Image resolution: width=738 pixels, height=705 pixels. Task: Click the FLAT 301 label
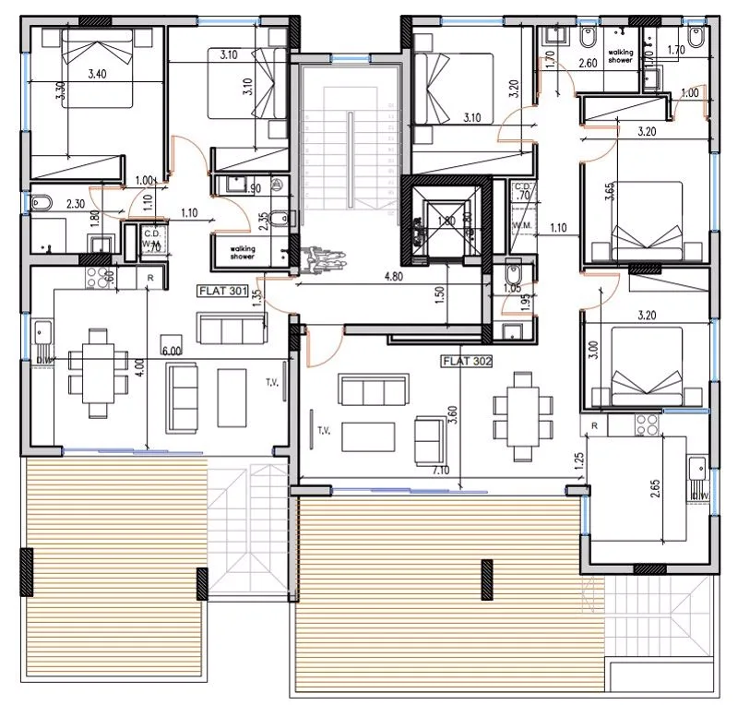coord(221,290)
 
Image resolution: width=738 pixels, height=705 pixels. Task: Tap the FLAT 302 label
coord(468,361)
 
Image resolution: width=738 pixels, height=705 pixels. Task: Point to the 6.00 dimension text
coord(173,351)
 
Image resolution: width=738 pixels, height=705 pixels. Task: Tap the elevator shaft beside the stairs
coord(439,220)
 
